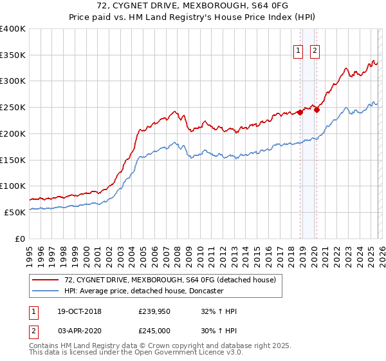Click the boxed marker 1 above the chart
pyautogui.click(x=299, y=52)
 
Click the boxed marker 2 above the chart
pyautogui.click(x=315, y=52)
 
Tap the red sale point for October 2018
pyautogui.click(x=300, y=112)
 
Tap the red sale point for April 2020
pyautogui.click(x=317, y=110)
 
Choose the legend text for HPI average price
pyautogui.click(x=143, y=291)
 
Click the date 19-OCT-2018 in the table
pyautogui.click(x=76, y=311)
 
